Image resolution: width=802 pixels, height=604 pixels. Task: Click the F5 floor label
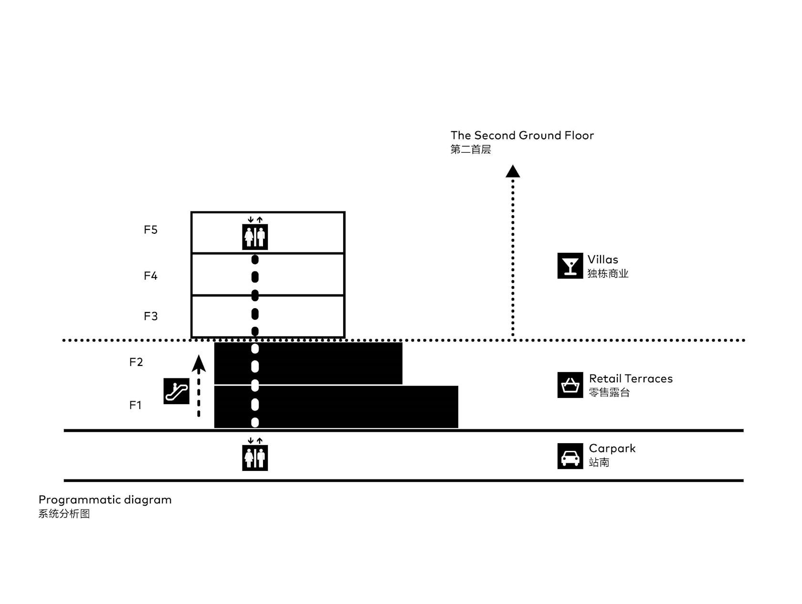pos(150,229)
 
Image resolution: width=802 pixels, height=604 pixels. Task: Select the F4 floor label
pos(150,276)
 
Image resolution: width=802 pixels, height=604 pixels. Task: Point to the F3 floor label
pos(150,316)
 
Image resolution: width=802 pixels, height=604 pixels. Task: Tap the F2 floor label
pos(136,362)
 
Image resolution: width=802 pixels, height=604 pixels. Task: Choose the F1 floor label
pos(135,406)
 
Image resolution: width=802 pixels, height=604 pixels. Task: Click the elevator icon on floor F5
pos(255,237)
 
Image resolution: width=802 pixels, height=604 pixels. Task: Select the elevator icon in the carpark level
pos(255,458)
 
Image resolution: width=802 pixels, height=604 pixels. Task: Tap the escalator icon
pos(177,392)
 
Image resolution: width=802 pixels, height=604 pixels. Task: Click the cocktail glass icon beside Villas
pos(570,266)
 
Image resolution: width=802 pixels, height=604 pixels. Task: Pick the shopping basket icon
pos(570,385)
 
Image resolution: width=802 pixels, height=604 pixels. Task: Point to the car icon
pos(570,457)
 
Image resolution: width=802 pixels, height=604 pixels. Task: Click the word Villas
pos(603,260)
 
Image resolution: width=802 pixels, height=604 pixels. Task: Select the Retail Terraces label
pos(631,379)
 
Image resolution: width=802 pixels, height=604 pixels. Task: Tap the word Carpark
pos(612,449)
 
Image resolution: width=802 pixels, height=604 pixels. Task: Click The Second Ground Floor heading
pos(522,135)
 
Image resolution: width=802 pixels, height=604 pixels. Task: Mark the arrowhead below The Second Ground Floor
pos(513,171)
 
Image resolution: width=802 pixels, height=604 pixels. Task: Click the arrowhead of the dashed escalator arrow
pos(199,364)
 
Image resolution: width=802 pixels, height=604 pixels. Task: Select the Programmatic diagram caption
pos(105,500)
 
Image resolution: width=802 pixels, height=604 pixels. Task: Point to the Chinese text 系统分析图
pos(64,514)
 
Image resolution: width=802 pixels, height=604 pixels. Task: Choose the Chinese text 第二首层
pos(471,149)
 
